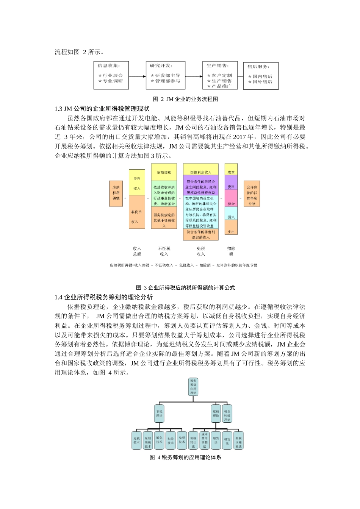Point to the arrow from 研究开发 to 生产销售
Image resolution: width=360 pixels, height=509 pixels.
pyautogui.click(x=194, y=76)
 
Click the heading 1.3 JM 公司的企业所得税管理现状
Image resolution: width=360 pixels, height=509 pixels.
pyautogui.click(x=102, y=109)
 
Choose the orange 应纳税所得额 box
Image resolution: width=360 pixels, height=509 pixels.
pyautogui.click(x=116, y=193)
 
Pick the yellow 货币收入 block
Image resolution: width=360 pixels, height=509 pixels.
pyautogui.click(x=137, y=183)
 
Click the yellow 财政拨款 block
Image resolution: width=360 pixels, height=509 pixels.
pyautogui.click(x=164, y=172)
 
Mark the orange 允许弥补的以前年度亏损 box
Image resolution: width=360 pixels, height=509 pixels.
pyautogui.click(x=252, y=194)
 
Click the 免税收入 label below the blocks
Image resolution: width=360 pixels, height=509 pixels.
pyautogui.click(x=200, y=251)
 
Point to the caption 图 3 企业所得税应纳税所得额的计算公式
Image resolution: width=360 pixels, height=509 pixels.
pyautogui.click(x=186, y=287)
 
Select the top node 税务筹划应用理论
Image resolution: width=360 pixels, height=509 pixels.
pyautogui.click(x=193, y=387)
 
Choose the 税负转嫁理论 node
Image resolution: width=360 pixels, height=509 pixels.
pyautogui.click(x=227, y=415)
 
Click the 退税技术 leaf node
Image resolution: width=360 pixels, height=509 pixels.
pyautogui.click(x=137, y=440)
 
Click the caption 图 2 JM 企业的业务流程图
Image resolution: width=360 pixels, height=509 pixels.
pyautogui.click(x=185, y=99)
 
